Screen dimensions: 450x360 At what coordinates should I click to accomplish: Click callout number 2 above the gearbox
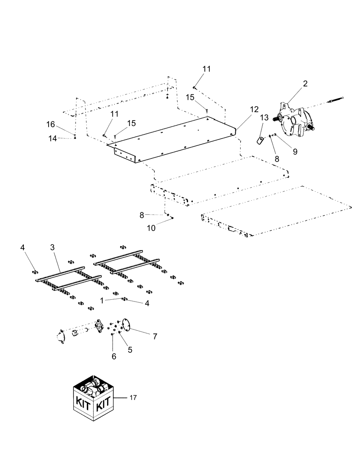click(305, 84)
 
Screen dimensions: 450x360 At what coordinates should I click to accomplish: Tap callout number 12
click(255, 109)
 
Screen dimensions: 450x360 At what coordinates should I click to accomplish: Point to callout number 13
click(264, 118)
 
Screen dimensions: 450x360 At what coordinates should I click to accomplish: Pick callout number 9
click(295, 152)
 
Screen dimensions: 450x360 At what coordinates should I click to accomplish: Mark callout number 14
click(53, 139)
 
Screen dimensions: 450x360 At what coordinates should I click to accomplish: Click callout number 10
click(151, 228)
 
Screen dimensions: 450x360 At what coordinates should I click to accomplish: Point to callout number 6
click(114, 356)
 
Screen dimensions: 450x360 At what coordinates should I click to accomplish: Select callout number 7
click(155, 337)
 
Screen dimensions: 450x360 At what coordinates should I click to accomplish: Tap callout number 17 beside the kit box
click(132, 398)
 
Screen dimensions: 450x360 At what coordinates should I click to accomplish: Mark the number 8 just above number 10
click(142, 215)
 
